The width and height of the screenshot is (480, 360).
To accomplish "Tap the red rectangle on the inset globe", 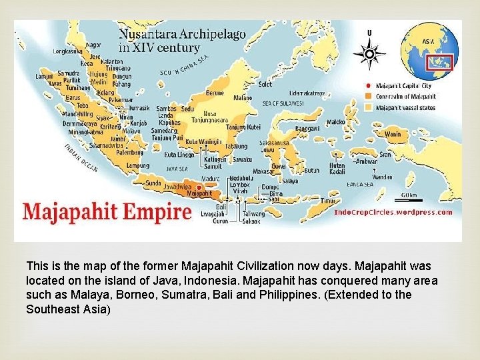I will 441,63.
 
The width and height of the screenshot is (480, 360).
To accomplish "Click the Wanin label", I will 393,133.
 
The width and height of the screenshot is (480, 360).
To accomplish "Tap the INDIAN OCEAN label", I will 80,157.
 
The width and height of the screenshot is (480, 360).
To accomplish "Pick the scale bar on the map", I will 409,199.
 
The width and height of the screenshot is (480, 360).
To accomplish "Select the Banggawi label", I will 308,127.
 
